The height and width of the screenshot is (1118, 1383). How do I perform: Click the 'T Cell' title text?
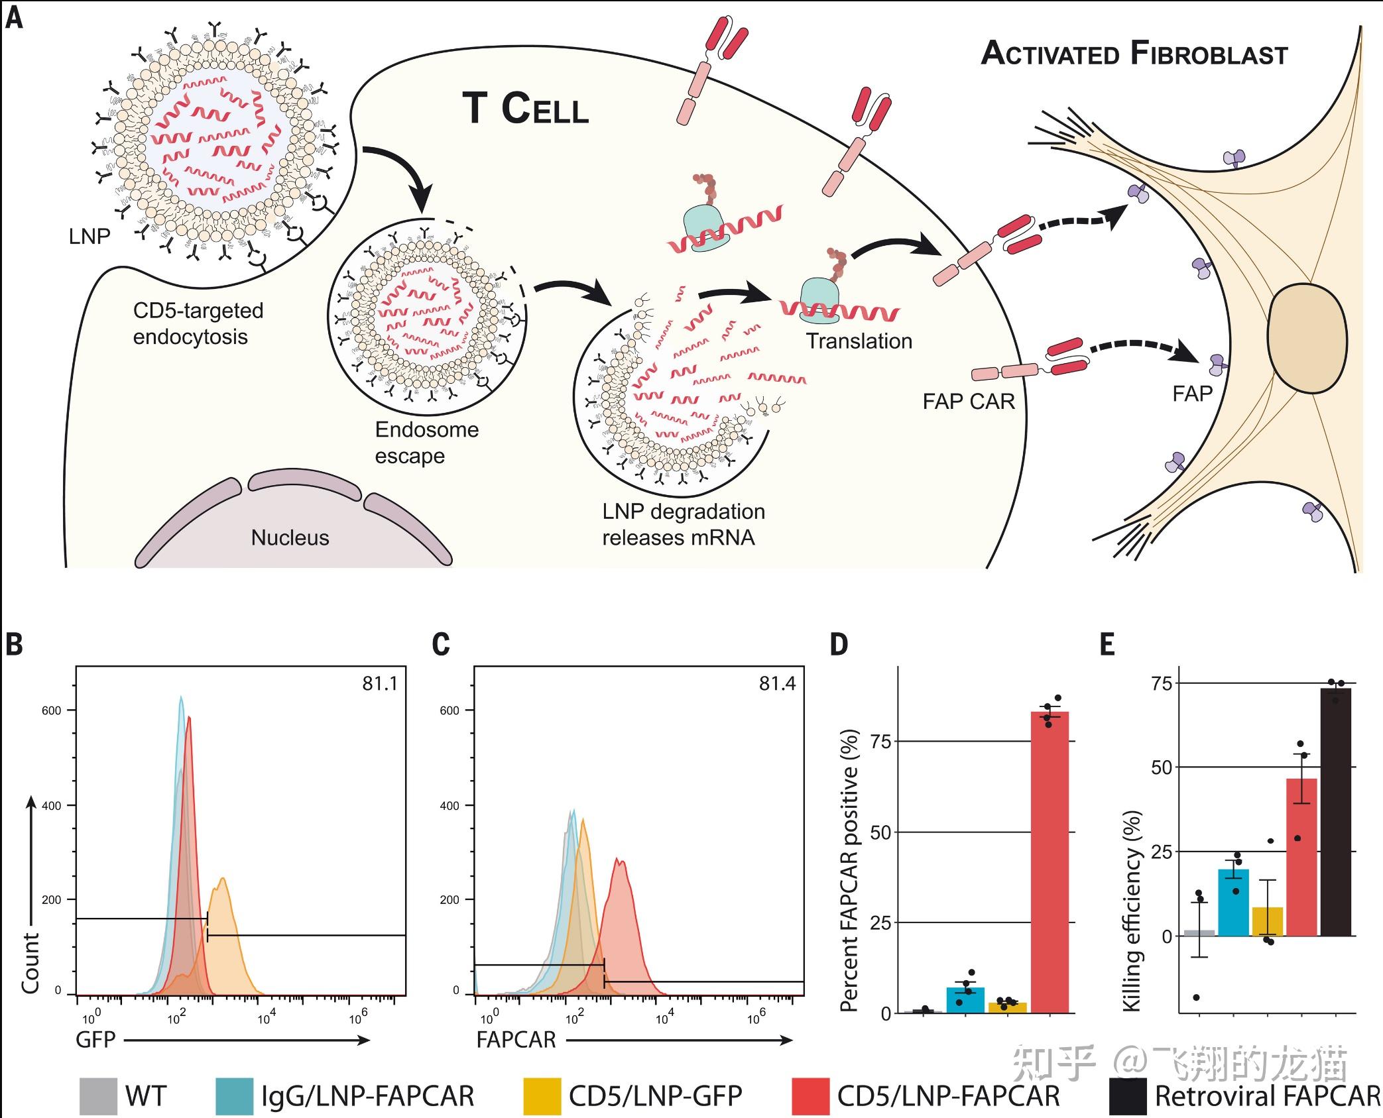(x=525, y=109)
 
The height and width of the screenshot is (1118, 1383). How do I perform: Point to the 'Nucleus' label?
(x=290, y=537)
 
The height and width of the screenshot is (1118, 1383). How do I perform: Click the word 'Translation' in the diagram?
(x=859, y=341)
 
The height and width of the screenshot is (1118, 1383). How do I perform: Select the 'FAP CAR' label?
(x=969, y=401)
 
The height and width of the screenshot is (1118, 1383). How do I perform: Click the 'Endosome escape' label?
(x=426, y=443)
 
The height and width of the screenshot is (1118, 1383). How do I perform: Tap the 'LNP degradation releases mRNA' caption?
(x=683, y=524)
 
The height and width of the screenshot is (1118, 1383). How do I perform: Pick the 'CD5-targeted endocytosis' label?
(x=198, y=323)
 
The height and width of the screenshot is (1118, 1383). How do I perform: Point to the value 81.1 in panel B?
(x=380, y=683)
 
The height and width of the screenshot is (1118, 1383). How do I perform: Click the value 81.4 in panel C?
(x=777, y=683)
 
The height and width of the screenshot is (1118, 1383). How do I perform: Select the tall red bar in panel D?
(x=1050, y=862)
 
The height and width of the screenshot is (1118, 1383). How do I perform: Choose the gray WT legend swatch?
(x=98, y=1096)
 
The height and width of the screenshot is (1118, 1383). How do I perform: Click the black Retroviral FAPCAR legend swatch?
(x=1128, y=1096)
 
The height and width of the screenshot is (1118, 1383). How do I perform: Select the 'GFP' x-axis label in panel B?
(x=95, y=1039)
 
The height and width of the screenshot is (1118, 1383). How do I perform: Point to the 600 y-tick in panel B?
(x=51, y=710)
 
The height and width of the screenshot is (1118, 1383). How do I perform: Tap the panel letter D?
(x=839, y=644)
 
